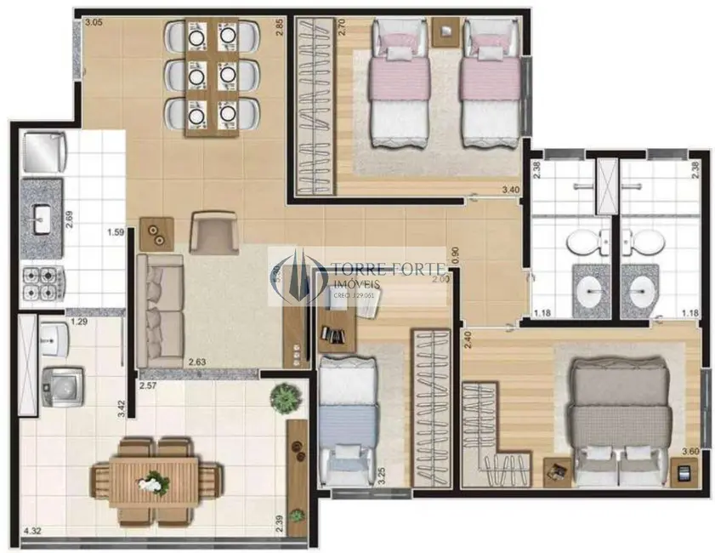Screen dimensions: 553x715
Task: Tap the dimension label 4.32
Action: [31, 531]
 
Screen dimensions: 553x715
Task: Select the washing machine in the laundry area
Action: [63, 387]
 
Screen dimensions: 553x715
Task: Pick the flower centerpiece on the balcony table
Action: [154, 482]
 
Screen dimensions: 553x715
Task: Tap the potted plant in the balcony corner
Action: [283, 396]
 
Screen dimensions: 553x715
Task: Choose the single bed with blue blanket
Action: [346, 417]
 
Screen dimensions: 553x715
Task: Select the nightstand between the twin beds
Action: [445, 31]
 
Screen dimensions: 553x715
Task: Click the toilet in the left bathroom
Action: [585, 242]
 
